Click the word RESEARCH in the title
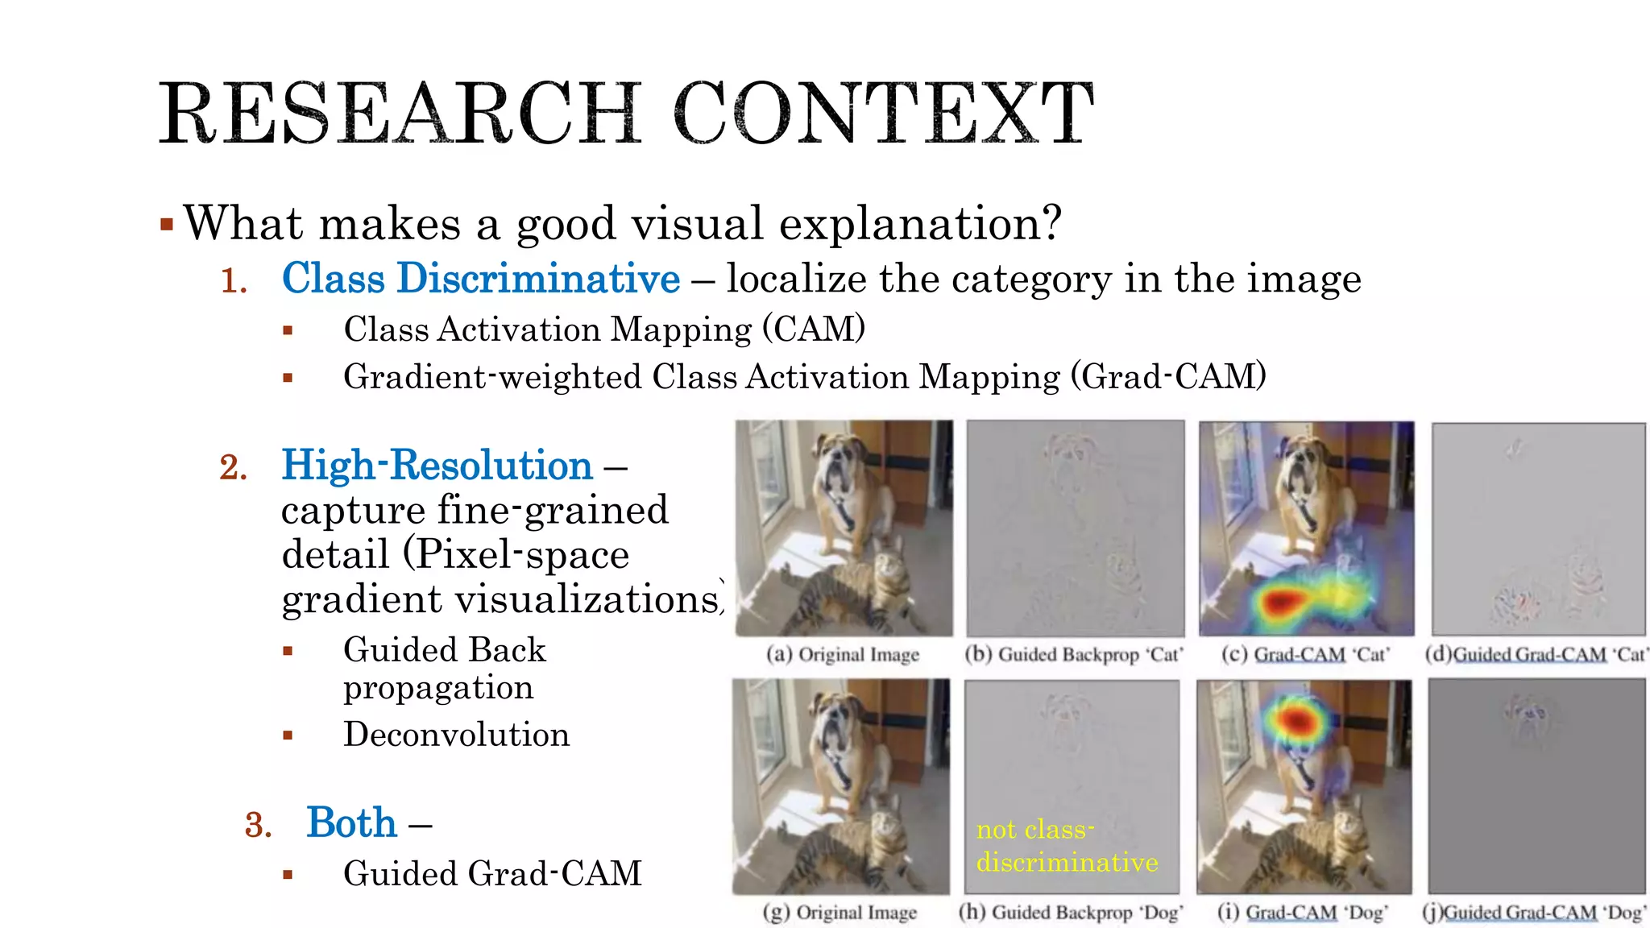click(400, 114)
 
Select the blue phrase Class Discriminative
click(481, 279)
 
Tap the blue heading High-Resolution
click(437, 466)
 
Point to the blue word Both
click(351, 823)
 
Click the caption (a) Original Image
click(843, 655)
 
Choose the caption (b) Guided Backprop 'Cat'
click(1074, 655)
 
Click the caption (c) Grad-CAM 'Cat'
click(1306, 655)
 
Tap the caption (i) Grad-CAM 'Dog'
click(1303, 913)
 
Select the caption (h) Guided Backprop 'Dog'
click(1071, 913)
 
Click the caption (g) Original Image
click(840, 913)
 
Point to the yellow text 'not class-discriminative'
click(1067, 846)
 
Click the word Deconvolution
click(456, 735)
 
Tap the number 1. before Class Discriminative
click(234, 281)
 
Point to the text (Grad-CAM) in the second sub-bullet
click(1169, 377)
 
